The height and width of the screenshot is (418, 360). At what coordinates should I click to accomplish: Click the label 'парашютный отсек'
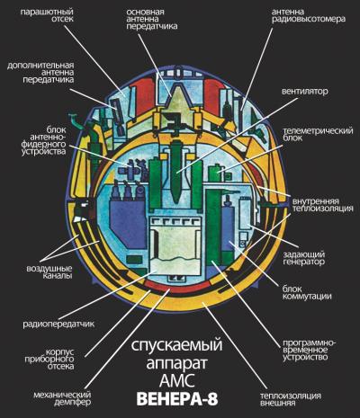point(47,15)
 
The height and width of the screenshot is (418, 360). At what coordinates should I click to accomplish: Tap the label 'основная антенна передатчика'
point(152,19)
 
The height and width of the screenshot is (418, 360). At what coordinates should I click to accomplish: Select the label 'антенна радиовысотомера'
point(309,15)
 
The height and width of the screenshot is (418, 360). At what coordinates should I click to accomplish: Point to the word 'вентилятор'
point(304,91)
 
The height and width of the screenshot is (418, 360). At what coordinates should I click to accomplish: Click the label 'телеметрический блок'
point(318,135)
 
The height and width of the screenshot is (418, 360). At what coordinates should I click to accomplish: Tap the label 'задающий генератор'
point(304,258)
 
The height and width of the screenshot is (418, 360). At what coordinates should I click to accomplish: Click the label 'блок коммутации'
point(307,293)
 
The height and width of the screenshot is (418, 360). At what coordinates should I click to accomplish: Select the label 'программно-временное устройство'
point(310,350)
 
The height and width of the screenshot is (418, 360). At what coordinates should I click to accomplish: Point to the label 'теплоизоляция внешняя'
point(291,399)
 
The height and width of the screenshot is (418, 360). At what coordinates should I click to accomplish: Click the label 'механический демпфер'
point(62,398)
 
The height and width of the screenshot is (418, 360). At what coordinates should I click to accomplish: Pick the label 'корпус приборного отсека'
point(59,359)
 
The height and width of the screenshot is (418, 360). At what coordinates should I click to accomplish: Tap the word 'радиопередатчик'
point(58,324)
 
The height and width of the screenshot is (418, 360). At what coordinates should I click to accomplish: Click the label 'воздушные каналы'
point(49,272)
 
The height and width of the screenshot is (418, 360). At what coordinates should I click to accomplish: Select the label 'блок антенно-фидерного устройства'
point(44,141)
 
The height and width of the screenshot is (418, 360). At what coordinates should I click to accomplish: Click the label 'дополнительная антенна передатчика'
point(40,73)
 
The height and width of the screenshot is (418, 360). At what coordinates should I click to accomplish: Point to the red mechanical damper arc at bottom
point(177,289)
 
